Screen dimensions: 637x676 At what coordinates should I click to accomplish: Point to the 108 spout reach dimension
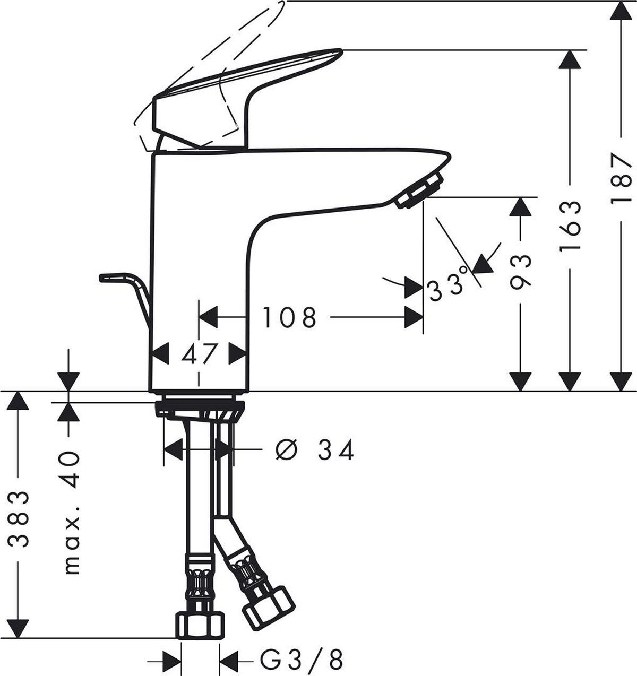(290, 317)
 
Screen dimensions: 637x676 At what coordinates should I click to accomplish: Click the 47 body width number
(199, 353)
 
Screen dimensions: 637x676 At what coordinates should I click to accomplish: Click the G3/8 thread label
(302, 659)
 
